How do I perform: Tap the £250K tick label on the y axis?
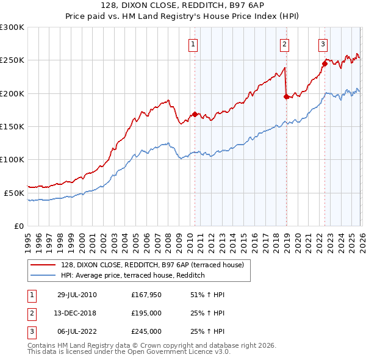pos(12,60)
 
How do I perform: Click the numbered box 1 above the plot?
pos(193,43)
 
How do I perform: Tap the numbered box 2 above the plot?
pos(285,43)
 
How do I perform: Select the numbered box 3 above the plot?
pos(323,43)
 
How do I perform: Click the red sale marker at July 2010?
pos(195,114)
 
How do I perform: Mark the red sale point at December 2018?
pos(286,96)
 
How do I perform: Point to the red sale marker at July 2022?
pos(325,63)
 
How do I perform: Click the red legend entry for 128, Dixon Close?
pos(152,265)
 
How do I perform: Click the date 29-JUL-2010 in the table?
pos(77,295)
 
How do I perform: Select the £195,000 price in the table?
pos(146,313)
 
